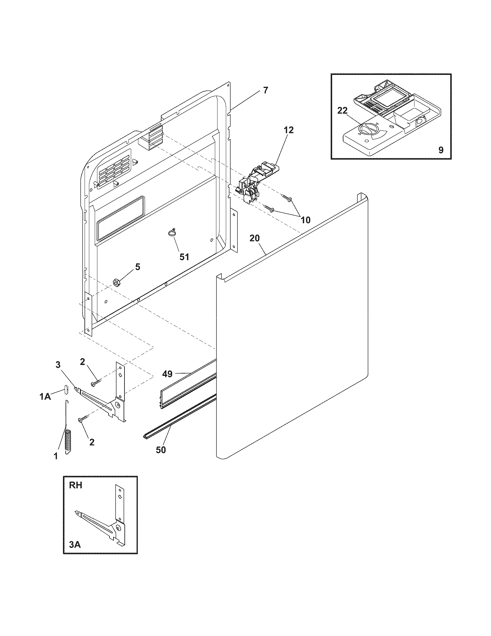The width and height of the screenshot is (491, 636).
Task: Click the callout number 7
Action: click(265, 90)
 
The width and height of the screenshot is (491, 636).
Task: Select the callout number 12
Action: click(289, 130)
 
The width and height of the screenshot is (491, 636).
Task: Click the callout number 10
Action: click(305, 220)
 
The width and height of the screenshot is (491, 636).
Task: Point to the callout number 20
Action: click(255, 238)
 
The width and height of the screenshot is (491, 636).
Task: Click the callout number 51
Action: click(184, 256)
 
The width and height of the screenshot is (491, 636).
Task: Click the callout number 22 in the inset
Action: click(342, 110)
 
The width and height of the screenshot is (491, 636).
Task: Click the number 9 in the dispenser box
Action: click(441, 150)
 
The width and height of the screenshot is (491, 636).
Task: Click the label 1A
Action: click(45, 396)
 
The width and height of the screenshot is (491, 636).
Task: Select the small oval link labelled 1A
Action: click(66, 389)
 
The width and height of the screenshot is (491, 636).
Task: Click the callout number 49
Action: click(168, 374)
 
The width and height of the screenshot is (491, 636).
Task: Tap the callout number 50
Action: click(161, 450)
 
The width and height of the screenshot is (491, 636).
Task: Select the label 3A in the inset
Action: click(75, 544)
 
